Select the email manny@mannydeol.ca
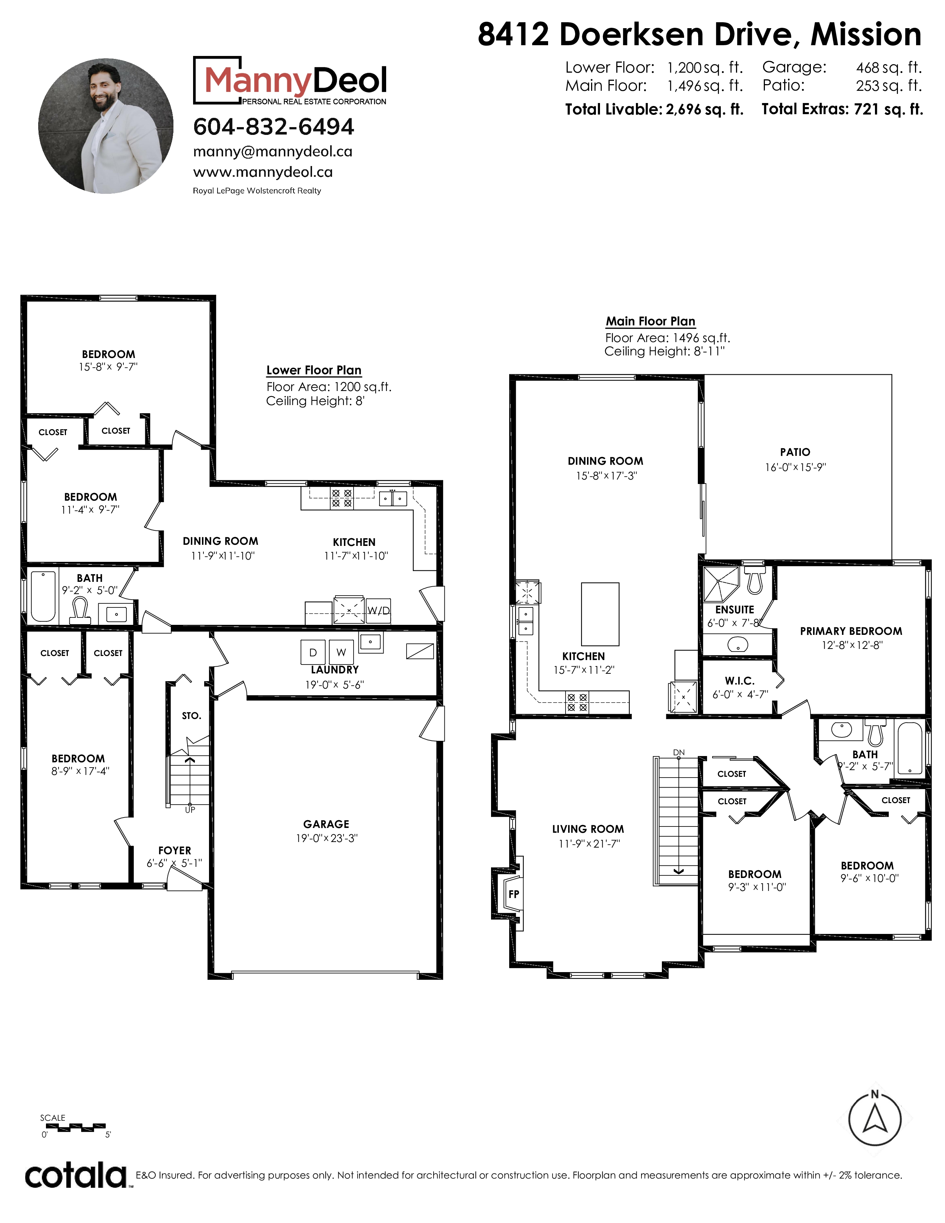click(273, 152)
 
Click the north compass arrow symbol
click(875, 1119)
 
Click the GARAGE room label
click(326, 824)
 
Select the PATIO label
click(795, 452)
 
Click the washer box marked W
click(341, 652)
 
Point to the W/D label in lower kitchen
click(378, 610)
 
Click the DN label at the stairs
click(679, 752)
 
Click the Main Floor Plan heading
click(650, 321)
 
